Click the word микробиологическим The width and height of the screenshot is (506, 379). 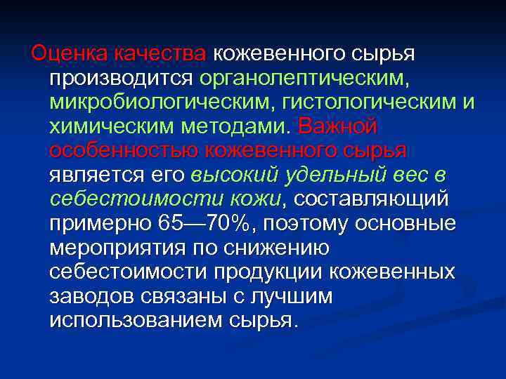click(161, 102)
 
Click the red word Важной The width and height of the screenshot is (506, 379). click(338, 127)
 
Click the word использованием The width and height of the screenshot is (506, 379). click(136, 321)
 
